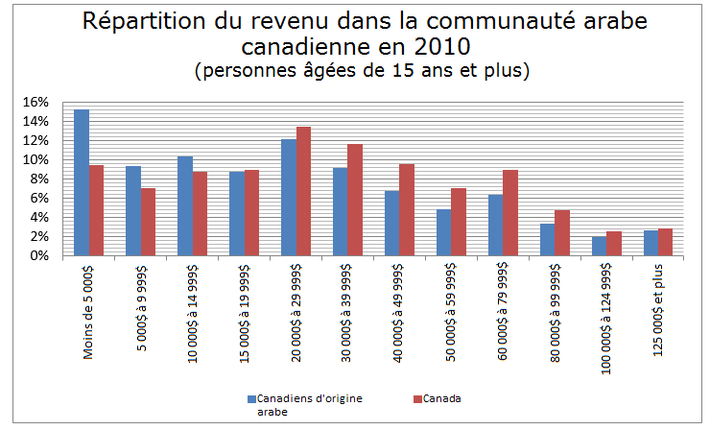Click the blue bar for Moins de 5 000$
(x=82, y=182)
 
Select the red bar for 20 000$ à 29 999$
(x=303, y=191)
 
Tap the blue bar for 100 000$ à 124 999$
(x=599, y=246)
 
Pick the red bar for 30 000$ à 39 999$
(x=355, y=200)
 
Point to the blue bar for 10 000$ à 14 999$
(x=185, y=205)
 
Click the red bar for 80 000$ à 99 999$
(x=562, y=232)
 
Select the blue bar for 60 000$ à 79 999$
(x=495, y=225)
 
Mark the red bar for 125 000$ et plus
(x=666, y=242)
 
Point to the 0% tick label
(x=38, y=256)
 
